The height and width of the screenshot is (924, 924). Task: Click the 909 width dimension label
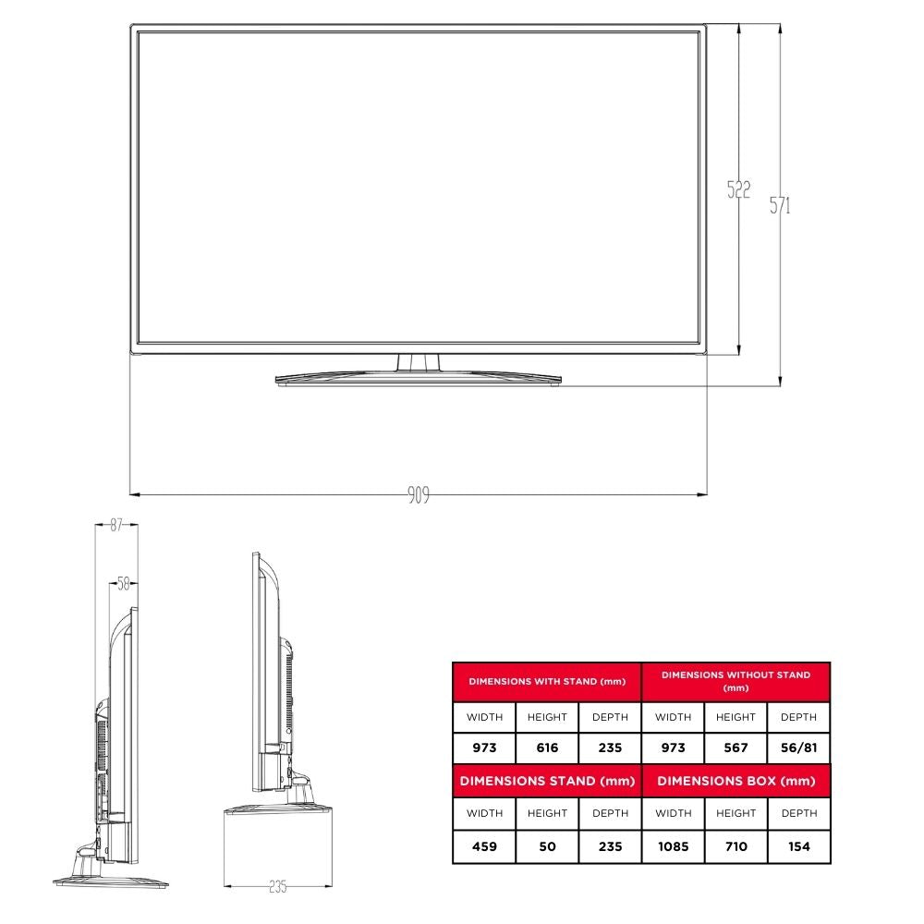pyautogui.click(x=419, y=495)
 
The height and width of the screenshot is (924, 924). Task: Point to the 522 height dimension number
pyautogui.click(x=738, y=190)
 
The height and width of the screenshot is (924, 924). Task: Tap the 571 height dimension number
pyautogui.click(x=781, y=205)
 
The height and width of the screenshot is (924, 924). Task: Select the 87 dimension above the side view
pyautogui.click(x=116, y=525)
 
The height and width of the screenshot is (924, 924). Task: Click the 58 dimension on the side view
pyautogui.click(x=123, y=583)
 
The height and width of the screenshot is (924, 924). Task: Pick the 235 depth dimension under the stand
pyautogui.click(x=277, y=886)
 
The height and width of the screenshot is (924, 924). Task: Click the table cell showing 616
pyautogui.click(x=547, y=748)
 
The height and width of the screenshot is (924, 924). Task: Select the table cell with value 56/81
pyautogui.click(x=798, y=748)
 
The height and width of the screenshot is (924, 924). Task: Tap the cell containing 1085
pyautogui.click(x=673, y=846)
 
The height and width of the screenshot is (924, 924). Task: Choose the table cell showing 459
pyautogui.click(x=484, y=846)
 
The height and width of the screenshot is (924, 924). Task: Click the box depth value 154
pyautogui.click(x=798, y=846)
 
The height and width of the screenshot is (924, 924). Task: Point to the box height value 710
pyautogui.click(x=736, y=846)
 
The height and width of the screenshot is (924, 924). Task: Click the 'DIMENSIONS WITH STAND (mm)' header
pyautogui.click(x=547, y=682)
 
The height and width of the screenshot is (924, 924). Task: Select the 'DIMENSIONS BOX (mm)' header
pyautogui.click(x=736, y=781)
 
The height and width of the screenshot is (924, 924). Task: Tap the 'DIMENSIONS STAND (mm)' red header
pyautogui.click(x=547, y=781)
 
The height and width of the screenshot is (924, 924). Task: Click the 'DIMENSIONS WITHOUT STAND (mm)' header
pyautogui.click(x=736, y=682)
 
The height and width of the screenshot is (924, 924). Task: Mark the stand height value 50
pyautogui.click(x=547, y=846)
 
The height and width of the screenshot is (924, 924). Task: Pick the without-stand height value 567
pyautogui.click(x=736, y=748)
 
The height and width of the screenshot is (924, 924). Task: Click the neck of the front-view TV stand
pyautogui.click(x=419, y=362)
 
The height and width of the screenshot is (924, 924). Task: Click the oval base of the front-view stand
pyautogui.click(x=419, y=378)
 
